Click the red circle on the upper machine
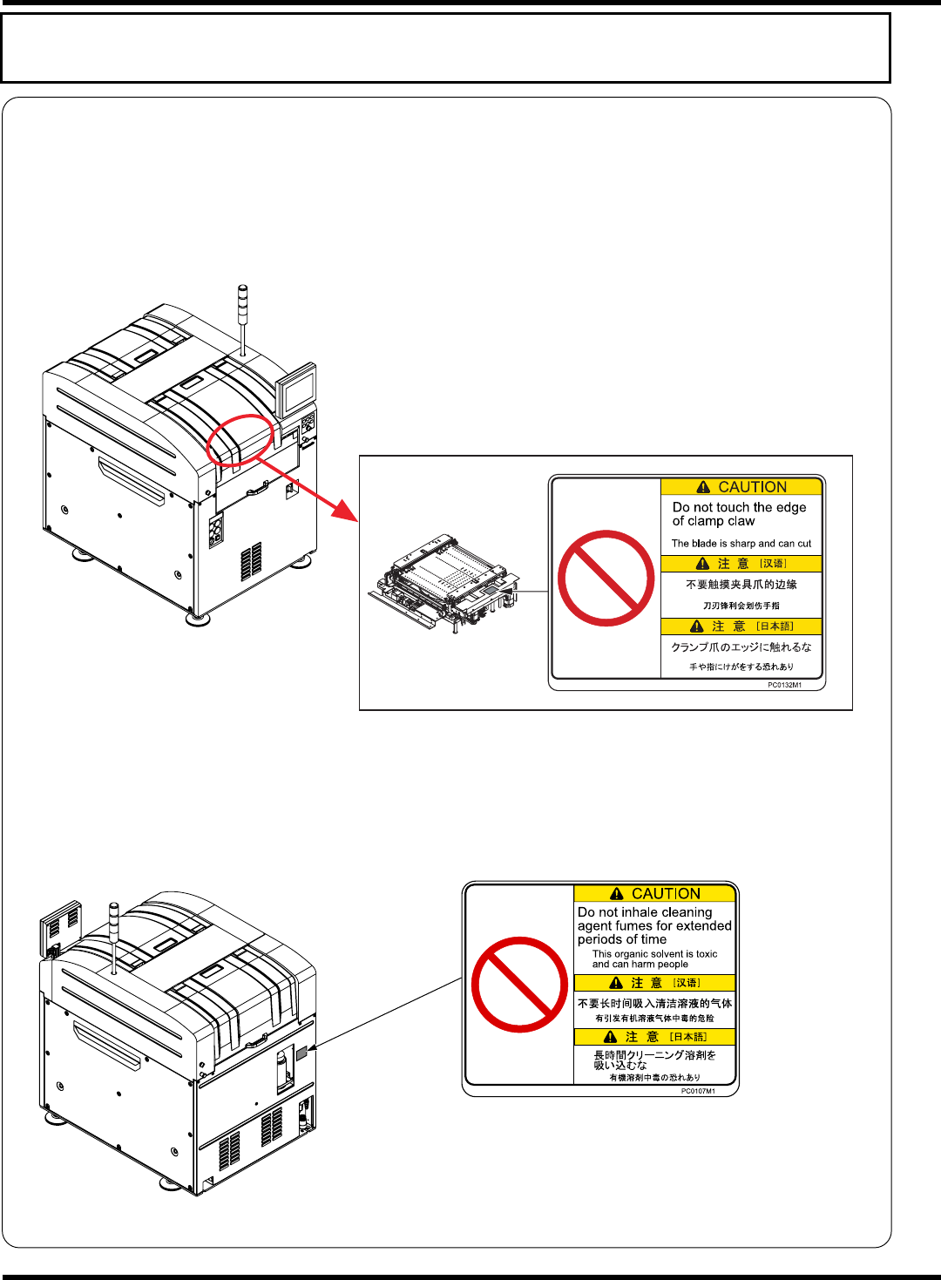(240, 440)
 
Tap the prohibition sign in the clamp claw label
(606, 578)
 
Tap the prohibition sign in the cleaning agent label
(520, 984)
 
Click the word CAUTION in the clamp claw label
(752, 487)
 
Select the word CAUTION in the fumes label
(666, 893)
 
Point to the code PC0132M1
(784, 685)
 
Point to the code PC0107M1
(698, 1091)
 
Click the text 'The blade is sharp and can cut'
(741, 543)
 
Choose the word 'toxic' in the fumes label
(707, 954)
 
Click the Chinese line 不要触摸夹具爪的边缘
(741, 585)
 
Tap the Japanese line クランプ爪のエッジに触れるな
(741, 647)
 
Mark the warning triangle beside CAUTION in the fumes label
(617, 894)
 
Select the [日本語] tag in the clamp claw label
(775, 626)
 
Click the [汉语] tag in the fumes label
(686, 983)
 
